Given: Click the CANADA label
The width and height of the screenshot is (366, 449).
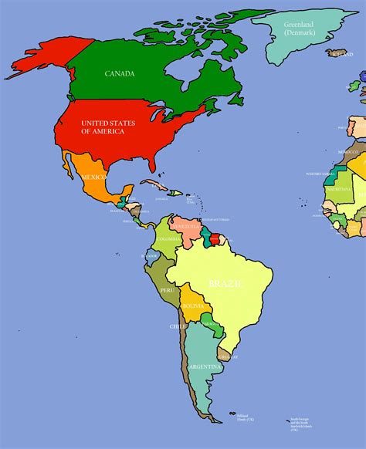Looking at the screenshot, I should coord(120,74).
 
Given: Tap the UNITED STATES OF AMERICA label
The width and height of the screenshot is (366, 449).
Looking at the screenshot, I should coord(107,127).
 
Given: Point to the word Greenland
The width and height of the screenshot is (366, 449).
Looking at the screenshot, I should coord(294,25).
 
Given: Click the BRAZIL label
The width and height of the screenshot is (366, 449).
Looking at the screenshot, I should coord(225,284).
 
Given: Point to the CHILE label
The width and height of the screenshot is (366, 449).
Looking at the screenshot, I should coord(178,327).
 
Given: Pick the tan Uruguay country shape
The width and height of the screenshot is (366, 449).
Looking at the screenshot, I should coord(225,353).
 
